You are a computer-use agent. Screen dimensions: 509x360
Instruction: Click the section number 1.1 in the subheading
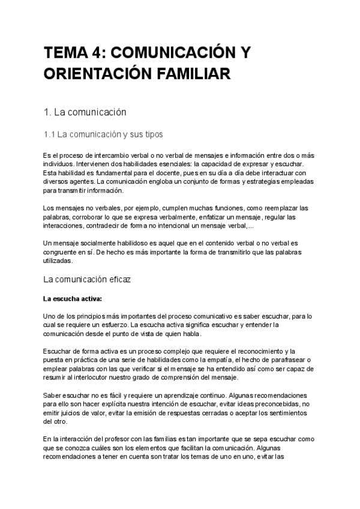point(50,134)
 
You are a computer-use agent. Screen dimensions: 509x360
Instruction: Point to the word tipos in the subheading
point(151,134)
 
